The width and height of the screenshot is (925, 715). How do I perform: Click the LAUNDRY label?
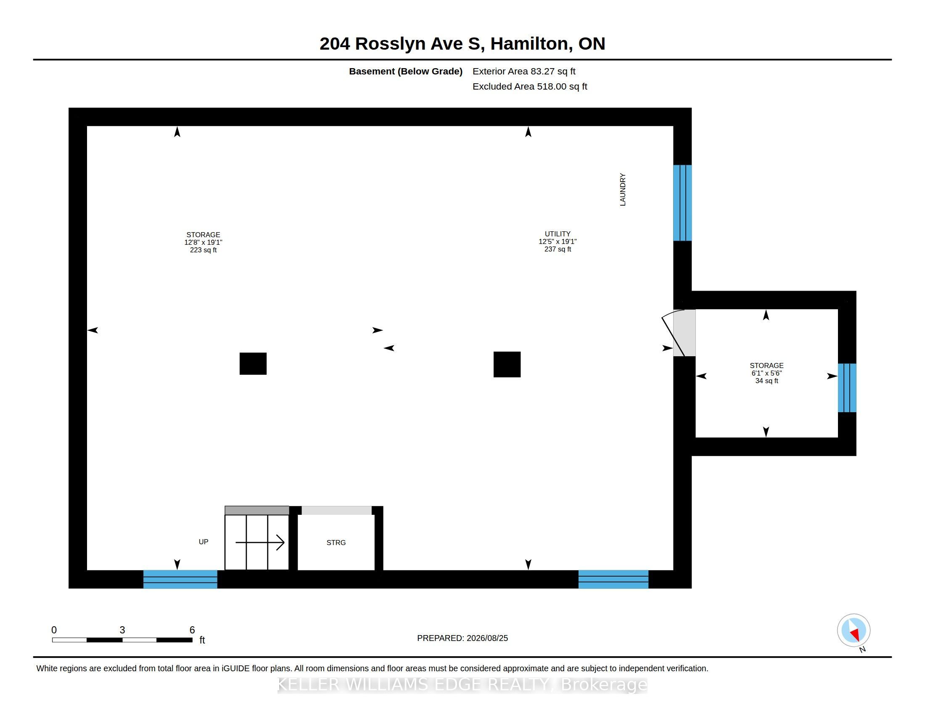(x=623, y=189)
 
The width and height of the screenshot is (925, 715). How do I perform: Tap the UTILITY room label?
(x=558, y=234)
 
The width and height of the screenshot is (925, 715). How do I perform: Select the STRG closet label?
(x=336, y=543)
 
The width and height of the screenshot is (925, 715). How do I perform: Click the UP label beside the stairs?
(x=203, y=542)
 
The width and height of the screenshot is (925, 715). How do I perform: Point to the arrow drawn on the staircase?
(x=259, y=542)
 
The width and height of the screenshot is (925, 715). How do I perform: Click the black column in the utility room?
(x=507, y=364)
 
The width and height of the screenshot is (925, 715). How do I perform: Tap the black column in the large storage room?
(x=253, y=363)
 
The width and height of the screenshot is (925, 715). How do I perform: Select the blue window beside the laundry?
(x=682, y=203)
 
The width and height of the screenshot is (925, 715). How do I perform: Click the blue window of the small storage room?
(x=847, y=388)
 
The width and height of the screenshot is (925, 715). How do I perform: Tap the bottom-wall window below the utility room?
(x=613, y=579)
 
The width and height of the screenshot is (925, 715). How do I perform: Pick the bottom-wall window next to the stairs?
(x=180, y=579)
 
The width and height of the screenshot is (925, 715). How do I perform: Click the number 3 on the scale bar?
(x=122, y=630)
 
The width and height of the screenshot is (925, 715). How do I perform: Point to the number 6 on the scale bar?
(x=192, y=630)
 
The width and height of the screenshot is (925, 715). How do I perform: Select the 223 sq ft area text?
(x=203, y=250)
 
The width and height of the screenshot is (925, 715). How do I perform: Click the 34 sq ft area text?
(x=766, y=381)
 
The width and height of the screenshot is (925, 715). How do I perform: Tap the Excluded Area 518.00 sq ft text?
(x=530, y=86)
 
